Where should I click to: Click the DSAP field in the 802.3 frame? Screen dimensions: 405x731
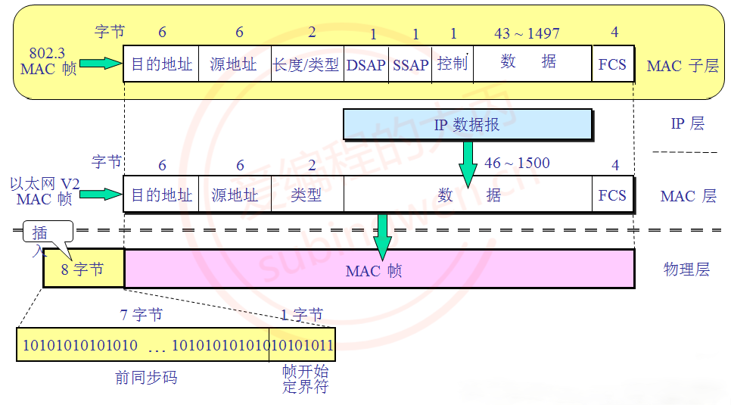click(366, 64)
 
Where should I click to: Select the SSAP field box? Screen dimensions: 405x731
click(410, 64)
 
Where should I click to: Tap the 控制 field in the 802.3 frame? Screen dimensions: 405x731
click(453, 64)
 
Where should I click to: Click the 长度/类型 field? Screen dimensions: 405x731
click(306, 64)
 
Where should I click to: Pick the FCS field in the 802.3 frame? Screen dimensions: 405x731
click(612, 64)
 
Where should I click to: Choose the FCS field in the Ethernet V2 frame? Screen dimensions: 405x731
click(612, 195)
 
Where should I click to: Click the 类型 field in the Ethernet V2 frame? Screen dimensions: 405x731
click(306, 195)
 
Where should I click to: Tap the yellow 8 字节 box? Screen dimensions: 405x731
click(83, 269)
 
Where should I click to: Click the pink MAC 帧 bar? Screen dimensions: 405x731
click(378, 269)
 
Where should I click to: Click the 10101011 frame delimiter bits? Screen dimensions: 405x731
click(302, 345)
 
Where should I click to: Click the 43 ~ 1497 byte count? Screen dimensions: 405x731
click(527, 33)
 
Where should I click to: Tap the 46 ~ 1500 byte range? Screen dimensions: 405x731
click(517, 163)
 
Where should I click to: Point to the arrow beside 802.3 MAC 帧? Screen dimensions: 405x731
click(100, 64)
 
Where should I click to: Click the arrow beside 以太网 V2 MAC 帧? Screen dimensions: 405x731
click(100, 195)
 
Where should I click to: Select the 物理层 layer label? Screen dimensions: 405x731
click(686, 269)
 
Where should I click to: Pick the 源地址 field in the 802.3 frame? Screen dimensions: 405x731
click(234, 64)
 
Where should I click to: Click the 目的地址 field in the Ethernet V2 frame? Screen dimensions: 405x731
click(161, 195)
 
